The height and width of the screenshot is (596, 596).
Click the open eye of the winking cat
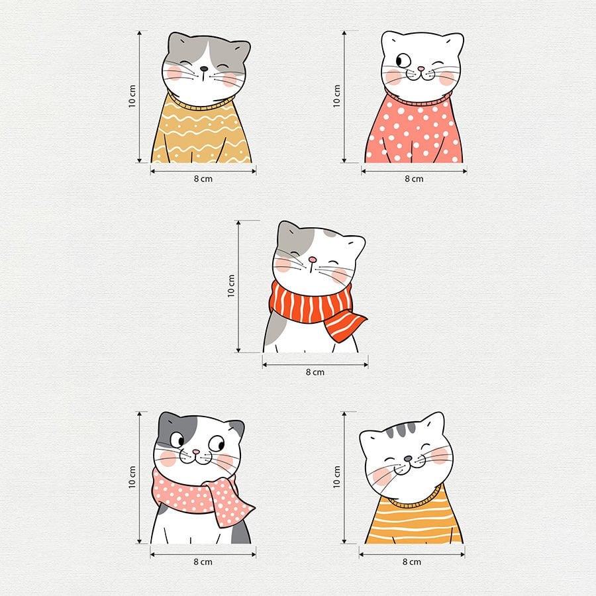[x=403, y=60]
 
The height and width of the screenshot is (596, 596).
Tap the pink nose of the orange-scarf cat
[x=313, y=260]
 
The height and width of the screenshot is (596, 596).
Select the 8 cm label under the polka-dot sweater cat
[x=414, y=179]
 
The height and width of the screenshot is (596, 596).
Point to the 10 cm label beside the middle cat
[x=231, y=286]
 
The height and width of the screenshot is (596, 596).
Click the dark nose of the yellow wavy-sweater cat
[x=204, y=69]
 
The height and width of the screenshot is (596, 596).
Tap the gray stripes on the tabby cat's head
[x=400, y=430]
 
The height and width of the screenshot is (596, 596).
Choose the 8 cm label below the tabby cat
[x=412, y=562]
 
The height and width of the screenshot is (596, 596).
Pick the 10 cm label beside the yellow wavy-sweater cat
[x=132, y=96]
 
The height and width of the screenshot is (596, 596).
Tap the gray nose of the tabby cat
[x=408, y=459]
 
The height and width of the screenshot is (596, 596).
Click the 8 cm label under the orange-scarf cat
[x=315, y=372]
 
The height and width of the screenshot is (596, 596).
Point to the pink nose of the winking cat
[x=421, y=69]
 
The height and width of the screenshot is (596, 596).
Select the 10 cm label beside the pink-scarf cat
[x=132, y=477]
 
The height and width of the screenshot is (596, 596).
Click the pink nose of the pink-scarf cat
[x=196, y=452]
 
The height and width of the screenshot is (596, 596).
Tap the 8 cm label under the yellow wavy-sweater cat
[x=203, y=179]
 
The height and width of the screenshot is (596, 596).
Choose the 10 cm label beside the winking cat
[x=336, y=96]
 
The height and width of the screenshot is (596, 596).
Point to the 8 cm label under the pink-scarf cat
[x=203, y=562]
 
